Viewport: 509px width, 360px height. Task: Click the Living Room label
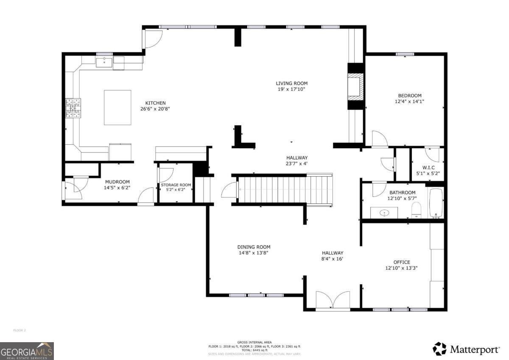[291, 83]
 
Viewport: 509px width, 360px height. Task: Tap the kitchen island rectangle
[117, 107]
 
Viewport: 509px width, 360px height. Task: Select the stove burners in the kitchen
[73, 108]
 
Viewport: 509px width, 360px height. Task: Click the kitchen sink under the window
[104, 63]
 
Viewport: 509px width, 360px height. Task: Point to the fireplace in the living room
[355, 87]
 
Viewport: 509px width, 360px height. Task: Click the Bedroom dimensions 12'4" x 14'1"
[409, 101]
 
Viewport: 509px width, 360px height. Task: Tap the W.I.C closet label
[428, 167]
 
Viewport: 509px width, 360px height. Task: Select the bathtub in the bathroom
[436, 203]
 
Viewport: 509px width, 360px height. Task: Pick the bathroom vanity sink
[384, 213]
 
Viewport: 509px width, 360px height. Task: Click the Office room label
[401, 262]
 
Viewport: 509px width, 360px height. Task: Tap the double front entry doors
[333, 301]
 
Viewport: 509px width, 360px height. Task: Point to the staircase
[280, 190]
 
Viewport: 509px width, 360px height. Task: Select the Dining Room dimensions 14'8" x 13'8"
[253, 253]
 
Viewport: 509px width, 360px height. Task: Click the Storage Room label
[176, 185]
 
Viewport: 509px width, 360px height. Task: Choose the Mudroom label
[117, 182]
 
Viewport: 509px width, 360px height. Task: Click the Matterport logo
[466, 349]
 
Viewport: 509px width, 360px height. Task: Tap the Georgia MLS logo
[27, 351]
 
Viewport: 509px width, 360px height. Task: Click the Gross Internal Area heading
[255, 342]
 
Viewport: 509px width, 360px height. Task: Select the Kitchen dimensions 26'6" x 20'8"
[155, 109]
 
